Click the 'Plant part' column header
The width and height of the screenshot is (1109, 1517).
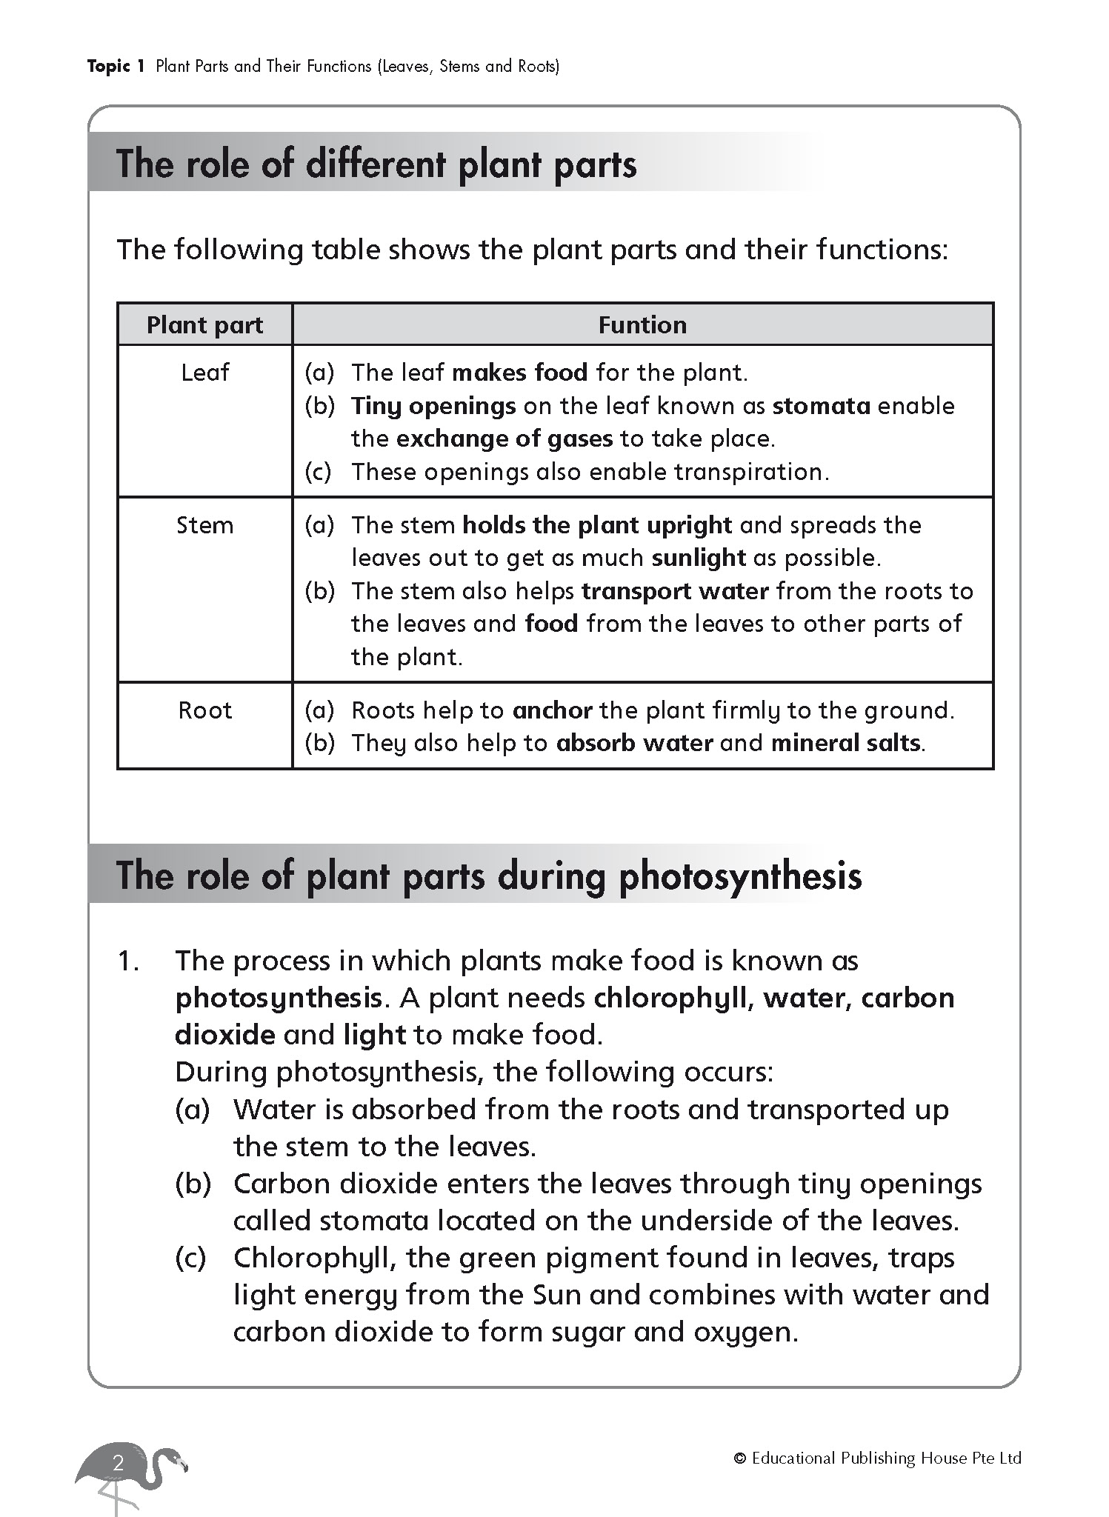[x=204, y=325]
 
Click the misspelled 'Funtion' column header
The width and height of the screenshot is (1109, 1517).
[x=642, y=325]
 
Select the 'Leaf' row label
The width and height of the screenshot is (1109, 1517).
[x=204, y=373]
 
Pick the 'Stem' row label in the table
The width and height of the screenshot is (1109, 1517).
[x=204, y=526]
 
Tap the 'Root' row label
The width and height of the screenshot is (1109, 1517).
[x=204, y=711]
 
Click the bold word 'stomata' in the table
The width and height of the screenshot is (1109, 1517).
[x=821, y=406]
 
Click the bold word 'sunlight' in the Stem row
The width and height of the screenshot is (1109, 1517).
[x=699, y=558]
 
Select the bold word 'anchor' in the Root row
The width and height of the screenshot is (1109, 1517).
[x=552, y=711]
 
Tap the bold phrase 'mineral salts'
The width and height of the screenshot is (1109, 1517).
[x=846, y=743]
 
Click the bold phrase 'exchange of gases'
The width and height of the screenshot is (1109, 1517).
[x=504, y=439]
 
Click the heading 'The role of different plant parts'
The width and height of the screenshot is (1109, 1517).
[x=376, y=164]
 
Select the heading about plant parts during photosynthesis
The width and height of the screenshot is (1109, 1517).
[x=489, y=876]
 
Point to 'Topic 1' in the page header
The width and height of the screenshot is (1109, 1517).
[x=116, y=67]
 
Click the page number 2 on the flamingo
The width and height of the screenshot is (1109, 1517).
[x=118, y=1464]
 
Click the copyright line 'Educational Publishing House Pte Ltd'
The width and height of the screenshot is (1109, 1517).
[x=885, y=1458]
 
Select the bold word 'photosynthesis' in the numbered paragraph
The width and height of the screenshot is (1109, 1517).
[x=278, y=998]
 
